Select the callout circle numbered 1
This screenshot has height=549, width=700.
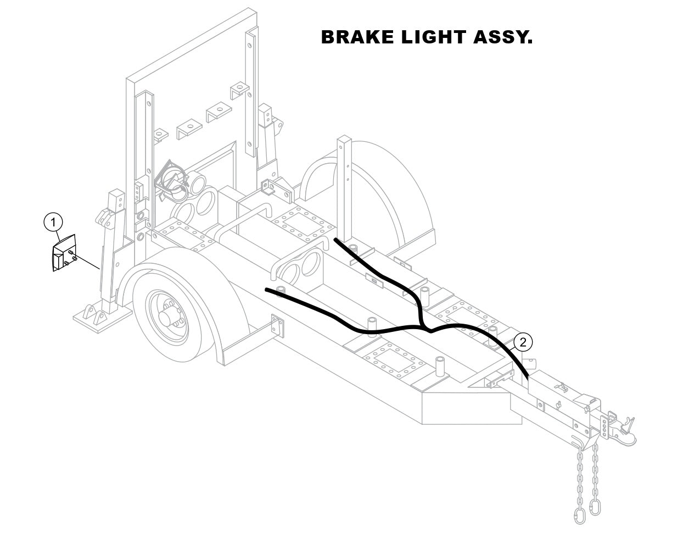(x=53, y=222)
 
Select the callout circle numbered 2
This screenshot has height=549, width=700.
(x=523, y=342)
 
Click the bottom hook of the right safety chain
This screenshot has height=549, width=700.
(x=595, y=507)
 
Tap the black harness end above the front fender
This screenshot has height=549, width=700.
(x=267, y=289)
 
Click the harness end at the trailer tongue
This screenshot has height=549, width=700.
(x=527, y=378)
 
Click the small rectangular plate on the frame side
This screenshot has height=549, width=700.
(x=277, y=325)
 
